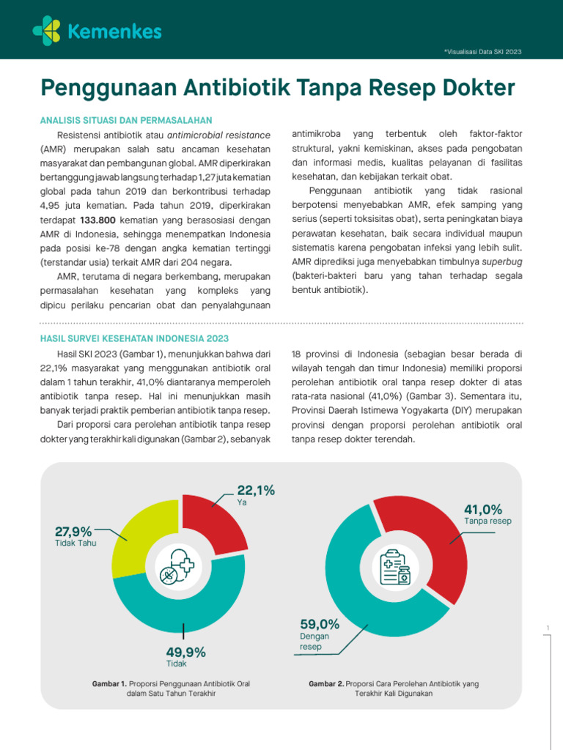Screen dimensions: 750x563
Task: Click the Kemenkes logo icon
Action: click(47, 29)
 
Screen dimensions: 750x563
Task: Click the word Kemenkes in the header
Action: click(114, 31)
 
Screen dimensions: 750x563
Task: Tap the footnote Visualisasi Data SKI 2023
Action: click(482, 51)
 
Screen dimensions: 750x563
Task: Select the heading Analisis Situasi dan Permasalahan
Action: click(126, 120)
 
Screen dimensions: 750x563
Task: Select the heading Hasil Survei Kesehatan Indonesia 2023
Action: click(134, 338)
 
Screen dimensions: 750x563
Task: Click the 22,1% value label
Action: click(256, 491)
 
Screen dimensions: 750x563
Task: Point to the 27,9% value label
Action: click(73, 532)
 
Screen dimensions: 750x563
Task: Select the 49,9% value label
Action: click(186, 652)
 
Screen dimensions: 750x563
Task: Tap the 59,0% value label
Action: click(320, 624)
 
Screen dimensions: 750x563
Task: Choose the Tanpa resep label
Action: click(487, 521)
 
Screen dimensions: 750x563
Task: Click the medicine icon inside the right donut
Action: click(396, 567)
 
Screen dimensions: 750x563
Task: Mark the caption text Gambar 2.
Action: click(326, 683)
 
